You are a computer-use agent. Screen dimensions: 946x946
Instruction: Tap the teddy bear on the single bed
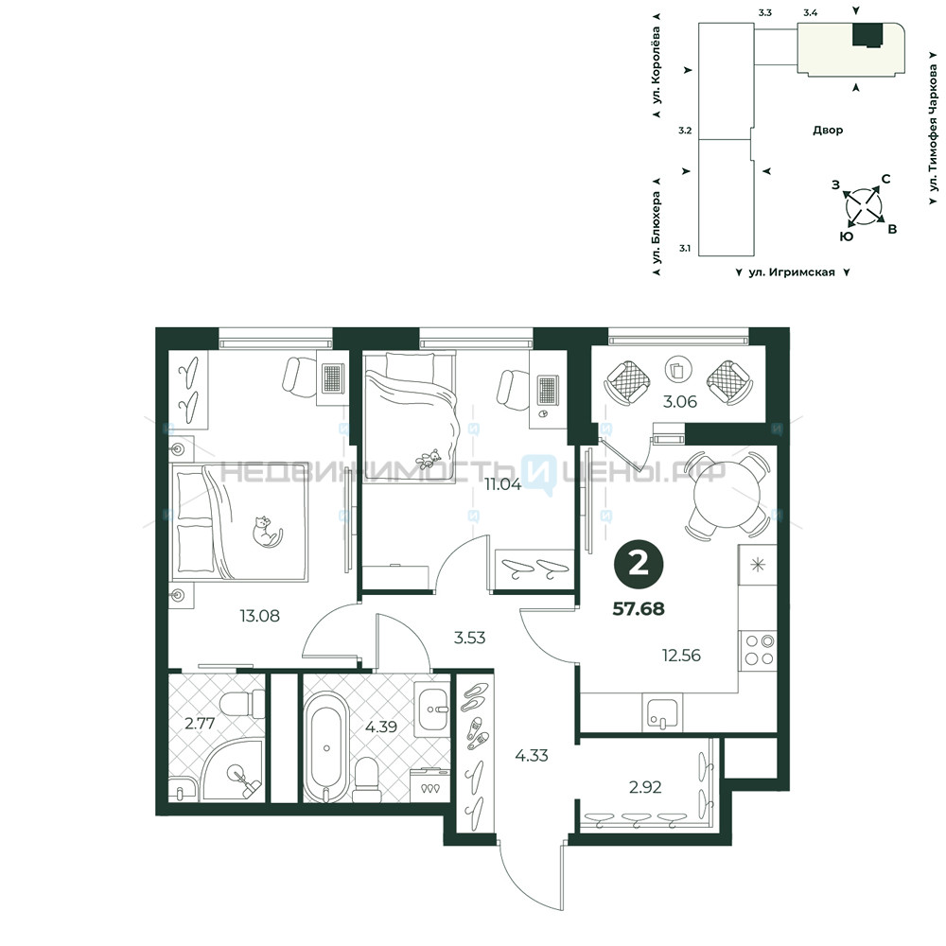[429, 459]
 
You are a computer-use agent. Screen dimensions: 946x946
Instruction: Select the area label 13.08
[259, 616]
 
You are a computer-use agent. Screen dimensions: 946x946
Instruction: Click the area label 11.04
[502, 483]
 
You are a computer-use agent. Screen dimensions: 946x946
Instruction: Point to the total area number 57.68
[639, 608]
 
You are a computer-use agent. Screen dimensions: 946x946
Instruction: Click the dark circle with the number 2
[639, 564]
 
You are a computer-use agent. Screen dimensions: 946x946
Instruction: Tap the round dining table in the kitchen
[727, 494]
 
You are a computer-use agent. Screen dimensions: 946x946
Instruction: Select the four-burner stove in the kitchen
[759, 651]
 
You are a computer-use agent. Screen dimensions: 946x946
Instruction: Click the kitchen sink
[662, 712]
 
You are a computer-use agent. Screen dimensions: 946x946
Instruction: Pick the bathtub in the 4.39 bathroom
[326, 747]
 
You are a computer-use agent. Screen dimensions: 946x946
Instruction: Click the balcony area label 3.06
[680, 402]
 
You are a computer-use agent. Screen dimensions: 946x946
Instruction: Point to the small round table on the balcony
[678, 369]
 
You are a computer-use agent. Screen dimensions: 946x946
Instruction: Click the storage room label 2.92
[645, 787]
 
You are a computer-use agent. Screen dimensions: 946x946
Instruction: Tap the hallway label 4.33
[532, 755]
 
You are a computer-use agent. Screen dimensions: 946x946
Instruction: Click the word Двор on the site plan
[828, 130]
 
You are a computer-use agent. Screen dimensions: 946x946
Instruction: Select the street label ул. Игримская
[792, 272]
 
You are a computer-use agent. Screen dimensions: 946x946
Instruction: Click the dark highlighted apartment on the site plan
[867, 34]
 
